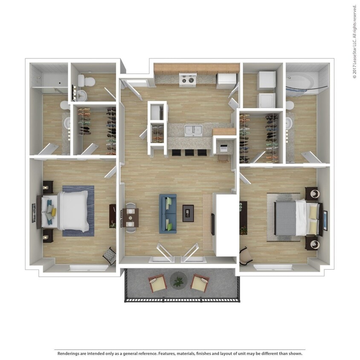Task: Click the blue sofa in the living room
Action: click(168, 214)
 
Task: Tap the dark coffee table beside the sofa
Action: click(188, 213)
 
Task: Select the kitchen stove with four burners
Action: click(187, 80)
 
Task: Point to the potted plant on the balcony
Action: click(178, 281)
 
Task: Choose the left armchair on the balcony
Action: click(157, 283)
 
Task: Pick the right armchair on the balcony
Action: click(199, 283)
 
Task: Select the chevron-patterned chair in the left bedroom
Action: click(109, 256)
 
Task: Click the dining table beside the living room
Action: click(131, 217)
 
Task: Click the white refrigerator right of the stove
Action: click(226, 80)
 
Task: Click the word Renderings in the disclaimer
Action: click(70, 354)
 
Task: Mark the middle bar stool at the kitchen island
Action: click(188, 153)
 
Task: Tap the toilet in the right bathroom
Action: click(290, 105)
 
